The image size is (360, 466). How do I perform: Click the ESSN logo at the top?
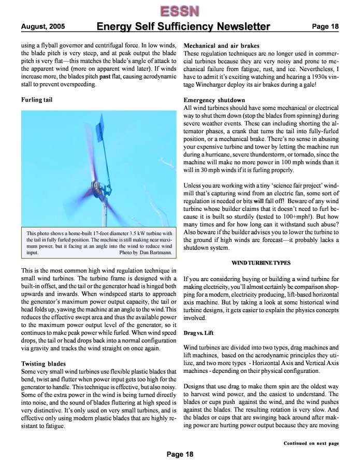179,11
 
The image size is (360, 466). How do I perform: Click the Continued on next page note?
311,443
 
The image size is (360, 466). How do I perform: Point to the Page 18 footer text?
180,454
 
